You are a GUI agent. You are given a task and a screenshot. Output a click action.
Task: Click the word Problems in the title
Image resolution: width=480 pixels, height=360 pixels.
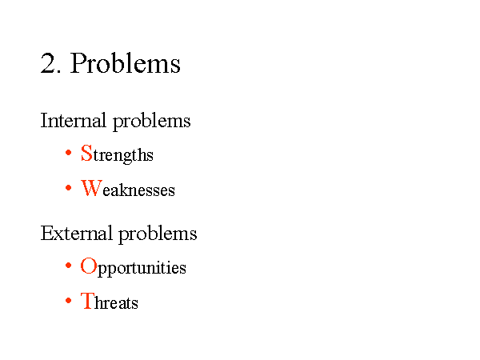126,63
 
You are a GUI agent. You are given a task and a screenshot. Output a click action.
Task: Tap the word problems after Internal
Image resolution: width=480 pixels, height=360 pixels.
152,122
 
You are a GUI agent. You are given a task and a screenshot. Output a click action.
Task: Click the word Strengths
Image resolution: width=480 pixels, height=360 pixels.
117,154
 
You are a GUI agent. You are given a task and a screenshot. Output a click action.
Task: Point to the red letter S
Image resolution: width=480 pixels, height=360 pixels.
86,153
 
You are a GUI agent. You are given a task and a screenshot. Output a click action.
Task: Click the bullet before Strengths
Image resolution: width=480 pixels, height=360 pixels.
69,152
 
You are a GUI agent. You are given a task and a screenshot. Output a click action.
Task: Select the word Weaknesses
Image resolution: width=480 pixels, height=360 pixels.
128,188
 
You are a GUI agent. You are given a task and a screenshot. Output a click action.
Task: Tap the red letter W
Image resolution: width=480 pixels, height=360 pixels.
91,188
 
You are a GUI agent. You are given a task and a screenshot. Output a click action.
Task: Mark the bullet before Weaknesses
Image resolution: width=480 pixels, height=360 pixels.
69,188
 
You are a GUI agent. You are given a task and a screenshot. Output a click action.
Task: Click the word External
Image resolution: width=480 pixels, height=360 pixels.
76,234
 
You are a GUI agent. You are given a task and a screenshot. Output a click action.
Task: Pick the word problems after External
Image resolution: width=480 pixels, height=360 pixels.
158,234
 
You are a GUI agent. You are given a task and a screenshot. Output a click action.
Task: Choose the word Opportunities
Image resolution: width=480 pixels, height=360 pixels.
133,267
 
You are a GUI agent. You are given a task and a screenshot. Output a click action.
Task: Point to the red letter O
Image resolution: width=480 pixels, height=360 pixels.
89,266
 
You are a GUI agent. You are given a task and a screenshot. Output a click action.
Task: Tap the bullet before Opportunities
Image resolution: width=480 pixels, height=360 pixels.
69,266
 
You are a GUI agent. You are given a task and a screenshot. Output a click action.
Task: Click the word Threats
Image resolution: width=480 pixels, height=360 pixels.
110,301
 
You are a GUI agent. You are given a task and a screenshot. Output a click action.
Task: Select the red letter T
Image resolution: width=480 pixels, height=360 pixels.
87,301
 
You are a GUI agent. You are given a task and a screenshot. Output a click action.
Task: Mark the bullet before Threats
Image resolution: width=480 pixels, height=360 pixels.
69,301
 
